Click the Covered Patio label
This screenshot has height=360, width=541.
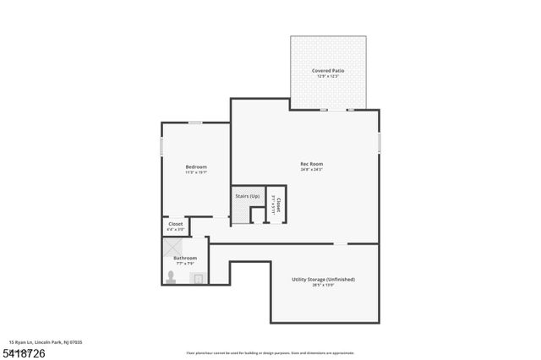click(x=328, y=70)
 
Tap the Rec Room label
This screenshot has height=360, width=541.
click(x=312, y=163)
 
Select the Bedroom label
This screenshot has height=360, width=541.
click(x=196, y=166)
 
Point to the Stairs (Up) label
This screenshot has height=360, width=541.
click(x=247, y=196)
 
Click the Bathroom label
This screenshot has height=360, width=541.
click(x=185, y=258)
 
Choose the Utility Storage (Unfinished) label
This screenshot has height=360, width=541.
click(x=324, y=279)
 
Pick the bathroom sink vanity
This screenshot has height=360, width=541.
click(x=198, y=277)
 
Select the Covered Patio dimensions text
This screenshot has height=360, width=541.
click(x=328, y=77)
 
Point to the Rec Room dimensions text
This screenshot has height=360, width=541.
click(x=312, y=170)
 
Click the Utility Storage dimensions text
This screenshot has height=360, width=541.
click(x=324, y=286)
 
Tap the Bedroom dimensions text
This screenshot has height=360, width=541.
click(x=196, y=173)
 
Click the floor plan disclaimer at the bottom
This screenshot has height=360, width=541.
click(x=270, y=353)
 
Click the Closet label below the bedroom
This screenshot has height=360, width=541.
click(x=175, y=224)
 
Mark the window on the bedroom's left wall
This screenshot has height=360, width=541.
click(x=162, y=146)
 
